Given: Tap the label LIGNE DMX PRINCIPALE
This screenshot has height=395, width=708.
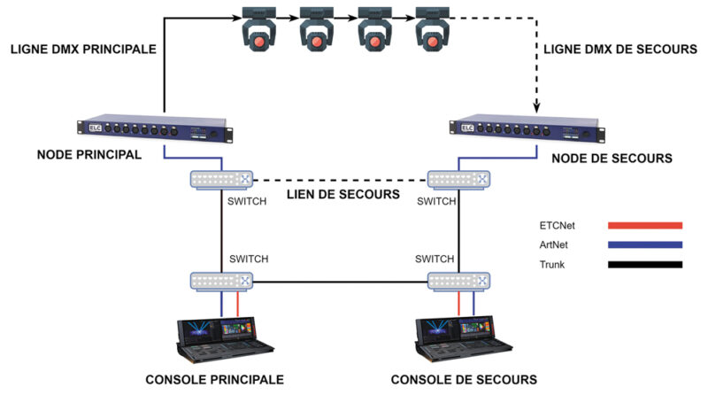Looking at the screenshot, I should (x=83, y=50).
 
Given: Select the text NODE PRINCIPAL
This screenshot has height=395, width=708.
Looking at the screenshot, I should (x=89, y=155).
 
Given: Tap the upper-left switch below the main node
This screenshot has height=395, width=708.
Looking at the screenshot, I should (x=221, y=180).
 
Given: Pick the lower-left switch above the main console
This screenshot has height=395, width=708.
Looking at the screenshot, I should (x=221, y=282).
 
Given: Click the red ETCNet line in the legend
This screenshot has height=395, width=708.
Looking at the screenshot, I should (x=644, y=225).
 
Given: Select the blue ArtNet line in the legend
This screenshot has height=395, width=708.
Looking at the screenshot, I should (x=644, y=244).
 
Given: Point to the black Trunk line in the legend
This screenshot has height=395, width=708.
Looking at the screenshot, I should (x=644, y=264).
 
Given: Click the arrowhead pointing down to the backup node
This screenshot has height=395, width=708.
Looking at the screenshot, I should (x=536, y=107).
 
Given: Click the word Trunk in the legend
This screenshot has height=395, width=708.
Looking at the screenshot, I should (x=552, y=264).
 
